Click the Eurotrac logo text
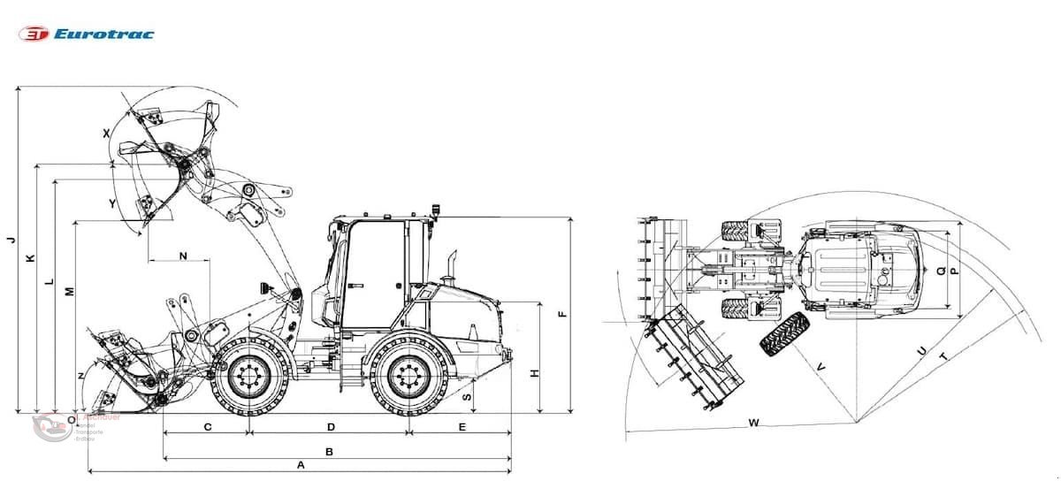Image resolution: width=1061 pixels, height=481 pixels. coord(103,34)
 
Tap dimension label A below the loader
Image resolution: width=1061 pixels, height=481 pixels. coord(301,465)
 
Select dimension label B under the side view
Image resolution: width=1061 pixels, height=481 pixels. coord(329,452)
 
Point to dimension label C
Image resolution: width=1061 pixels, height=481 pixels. coord(208,427)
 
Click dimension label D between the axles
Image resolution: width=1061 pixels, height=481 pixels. coord(331,427)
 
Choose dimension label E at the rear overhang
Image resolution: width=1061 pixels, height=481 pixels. coord(462,427)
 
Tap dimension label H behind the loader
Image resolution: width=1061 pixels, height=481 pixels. coord(534,373)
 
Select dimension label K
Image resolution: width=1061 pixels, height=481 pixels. coord(30,258)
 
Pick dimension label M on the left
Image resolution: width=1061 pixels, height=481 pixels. coord(69,291)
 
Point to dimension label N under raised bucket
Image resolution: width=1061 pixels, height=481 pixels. coord(183,256)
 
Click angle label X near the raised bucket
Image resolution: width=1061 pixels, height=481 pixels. coord(107,133)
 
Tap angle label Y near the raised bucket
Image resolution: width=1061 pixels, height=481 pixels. coord(112,203)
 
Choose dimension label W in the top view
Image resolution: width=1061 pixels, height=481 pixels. coord(753,423)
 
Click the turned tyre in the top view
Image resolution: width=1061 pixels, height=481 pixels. coord(783,334)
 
